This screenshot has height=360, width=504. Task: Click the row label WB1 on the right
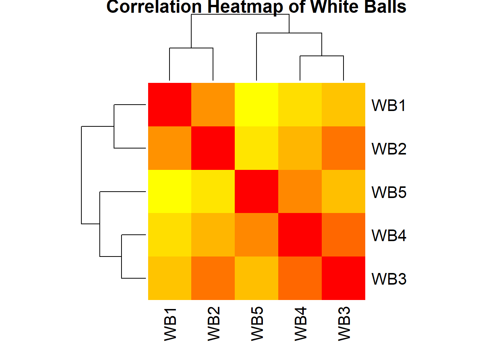click(389, 105)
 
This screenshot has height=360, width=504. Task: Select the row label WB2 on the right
click(389, 149)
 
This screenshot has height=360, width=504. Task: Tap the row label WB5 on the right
click(389, 192)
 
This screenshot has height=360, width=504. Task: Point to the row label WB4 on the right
click(389, 235)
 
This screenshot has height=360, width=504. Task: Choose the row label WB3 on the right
click(389, 279)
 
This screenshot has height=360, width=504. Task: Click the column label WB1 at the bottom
click(170, 324)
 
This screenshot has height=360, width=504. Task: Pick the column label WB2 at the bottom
click(213, 324)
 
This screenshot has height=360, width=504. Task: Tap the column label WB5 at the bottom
click(257, 324)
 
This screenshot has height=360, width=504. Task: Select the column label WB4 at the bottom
click(300, 324)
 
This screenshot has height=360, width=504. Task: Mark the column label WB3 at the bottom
click(343, 324)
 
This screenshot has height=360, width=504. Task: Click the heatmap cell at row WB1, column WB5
click(256, 105)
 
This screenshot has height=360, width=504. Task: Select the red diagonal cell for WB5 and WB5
click(256, 192)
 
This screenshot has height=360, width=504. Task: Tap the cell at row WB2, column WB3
click(343, 148)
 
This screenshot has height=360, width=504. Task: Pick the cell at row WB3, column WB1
click(170, 278)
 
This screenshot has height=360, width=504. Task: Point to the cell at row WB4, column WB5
click(256, 235)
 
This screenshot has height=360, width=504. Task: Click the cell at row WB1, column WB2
click(213, 105)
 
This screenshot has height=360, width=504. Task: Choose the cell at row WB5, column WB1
click(170, 192)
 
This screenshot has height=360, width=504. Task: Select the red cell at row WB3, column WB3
click(343, 278)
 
